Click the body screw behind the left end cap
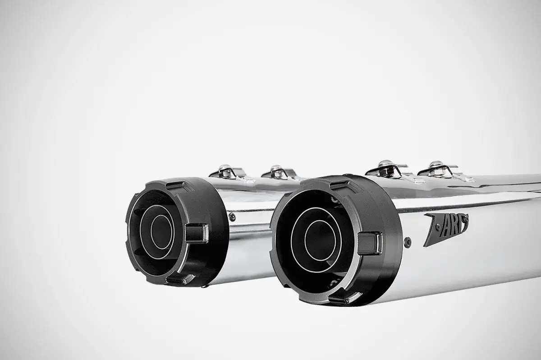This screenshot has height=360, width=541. coord(232,217)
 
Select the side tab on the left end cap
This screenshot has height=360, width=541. coord(197,233)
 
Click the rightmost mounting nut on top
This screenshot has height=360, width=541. coord(436,166)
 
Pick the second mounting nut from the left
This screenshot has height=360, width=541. coord(276,171)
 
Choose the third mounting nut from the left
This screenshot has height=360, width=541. coord(385,166)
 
